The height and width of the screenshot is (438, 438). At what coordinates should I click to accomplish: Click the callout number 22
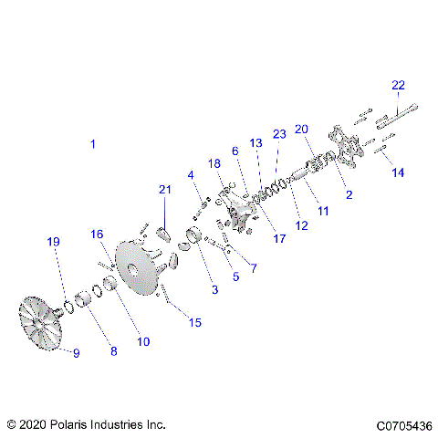tap(398, 85)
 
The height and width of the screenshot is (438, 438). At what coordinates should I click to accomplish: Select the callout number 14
tap(396, 172)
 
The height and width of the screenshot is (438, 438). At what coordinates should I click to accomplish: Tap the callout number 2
tap(349, 194)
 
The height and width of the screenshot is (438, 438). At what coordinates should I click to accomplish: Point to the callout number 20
tap(302, 129)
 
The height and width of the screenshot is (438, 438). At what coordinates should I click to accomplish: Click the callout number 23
tap(279, 134)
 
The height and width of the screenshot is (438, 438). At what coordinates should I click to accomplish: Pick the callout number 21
tap(165, 189)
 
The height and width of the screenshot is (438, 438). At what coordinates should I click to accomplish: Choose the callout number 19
tap(54, 242)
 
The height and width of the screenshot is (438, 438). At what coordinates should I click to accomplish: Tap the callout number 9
tap(76, 353)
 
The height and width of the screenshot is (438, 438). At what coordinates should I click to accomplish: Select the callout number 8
tap(114, 350)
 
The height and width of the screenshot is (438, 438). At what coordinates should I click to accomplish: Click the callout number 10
tap(143, 341)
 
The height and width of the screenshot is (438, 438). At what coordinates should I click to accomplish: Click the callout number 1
tap(91, 144)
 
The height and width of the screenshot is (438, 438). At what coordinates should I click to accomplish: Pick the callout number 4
tap(191, 174)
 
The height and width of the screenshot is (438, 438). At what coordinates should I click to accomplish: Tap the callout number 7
tap(253, 268)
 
